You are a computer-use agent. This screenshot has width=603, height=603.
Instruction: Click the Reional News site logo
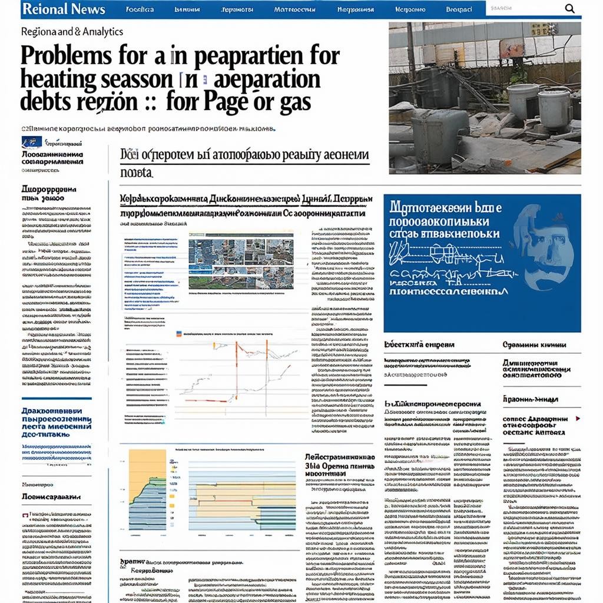(63, 9)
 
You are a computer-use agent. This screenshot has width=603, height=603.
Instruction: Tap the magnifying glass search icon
(569, 8)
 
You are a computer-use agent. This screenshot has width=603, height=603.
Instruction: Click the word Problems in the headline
(65, 57)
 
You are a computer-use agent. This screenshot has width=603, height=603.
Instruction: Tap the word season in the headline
(135, 79)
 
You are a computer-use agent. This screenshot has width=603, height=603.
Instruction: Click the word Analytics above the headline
(100, 31)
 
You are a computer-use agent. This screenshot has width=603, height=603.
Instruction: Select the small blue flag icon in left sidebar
(28, 142)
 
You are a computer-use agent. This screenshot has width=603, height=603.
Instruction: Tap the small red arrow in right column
(577, 418)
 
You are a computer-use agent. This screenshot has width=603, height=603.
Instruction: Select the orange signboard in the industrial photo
(511, 49)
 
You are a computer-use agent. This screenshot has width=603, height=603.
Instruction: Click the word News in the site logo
(86, 9)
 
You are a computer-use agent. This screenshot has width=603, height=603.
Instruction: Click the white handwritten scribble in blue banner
(448, 259)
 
